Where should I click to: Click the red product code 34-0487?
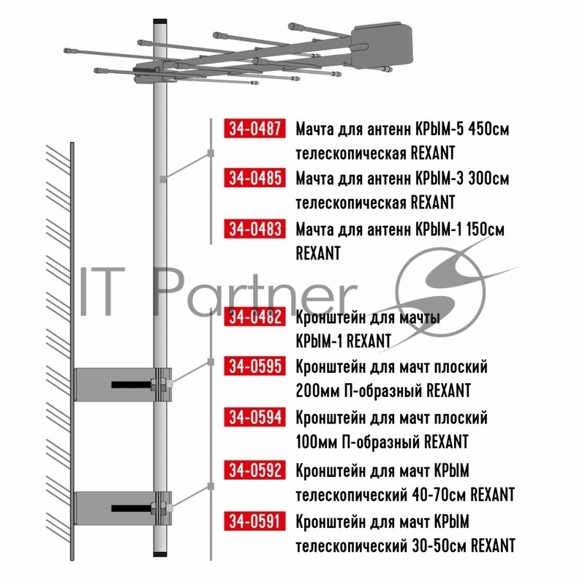tap(254, 129)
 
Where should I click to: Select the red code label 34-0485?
tap(254, 178)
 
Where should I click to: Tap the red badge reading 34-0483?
tap(254, 228)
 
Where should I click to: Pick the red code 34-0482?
tap(254, 317)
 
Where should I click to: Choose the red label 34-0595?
tap(254, 366)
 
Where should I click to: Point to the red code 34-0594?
tap(254, 417)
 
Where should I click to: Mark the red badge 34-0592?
tap(254, 469)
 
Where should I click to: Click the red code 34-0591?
tap(254, 521)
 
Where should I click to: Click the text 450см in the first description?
tap(488, 129)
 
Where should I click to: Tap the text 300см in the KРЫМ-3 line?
tap(488, 178)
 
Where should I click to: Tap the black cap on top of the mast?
tap(160, 22)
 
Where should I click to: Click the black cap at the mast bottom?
tap(160, 554)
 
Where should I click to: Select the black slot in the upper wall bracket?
tap(131, 385)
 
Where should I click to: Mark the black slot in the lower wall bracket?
tap(131, 508)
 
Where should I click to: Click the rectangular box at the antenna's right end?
tap(382, 47)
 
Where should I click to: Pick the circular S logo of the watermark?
tap(441, 292)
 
